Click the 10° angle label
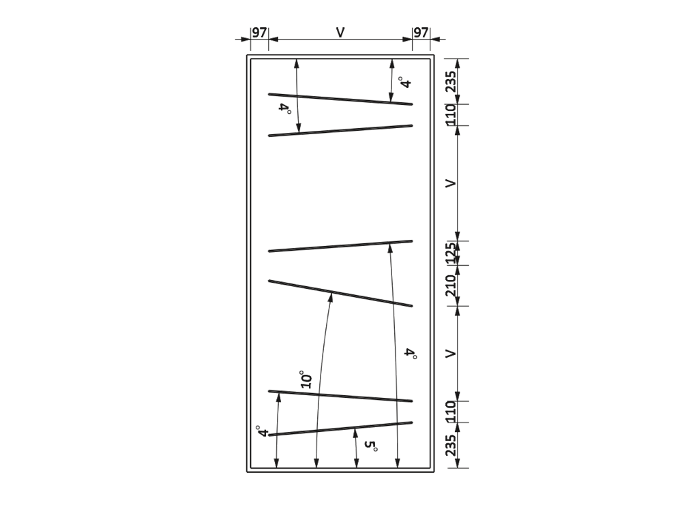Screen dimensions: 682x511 pyautogui.click(x=306, y=380)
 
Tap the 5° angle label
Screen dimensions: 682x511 pyautogui.click(x=371, y=446)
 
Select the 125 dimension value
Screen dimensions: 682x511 pyautogui.click(x=452, y=253)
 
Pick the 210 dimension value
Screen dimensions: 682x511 pyautogui.click(x=452, y=285)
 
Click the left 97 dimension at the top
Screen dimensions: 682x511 pyautogui.click(x=259, y=33)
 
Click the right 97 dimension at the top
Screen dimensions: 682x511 pyautogui.click(x=421, y=33)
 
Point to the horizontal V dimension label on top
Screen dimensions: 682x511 pyautogui.click(x=340, y=32)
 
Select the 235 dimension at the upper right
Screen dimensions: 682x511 pyautogui.click(x=452, y=81)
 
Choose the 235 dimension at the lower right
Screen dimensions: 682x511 pyautogui.click(x=452, y=445)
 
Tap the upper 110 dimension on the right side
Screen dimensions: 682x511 pyautogui.click(x=452, y=114)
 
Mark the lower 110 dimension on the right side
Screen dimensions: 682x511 pyautogui.click(x=452, y=411)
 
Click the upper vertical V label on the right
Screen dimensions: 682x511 pyautogui.click(x=452, y=183)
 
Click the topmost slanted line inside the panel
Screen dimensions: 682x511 pyautogui.click(x=340, y=99)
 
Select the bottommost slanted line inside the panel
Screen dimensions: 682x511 pyautogui.click(x=340, y=429)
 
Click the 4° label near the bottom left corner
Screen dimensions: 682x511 pyautogui.click(x=262, y=431)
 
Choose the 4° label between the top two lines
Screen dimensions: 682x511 pyautogui.click(x=284, y=108)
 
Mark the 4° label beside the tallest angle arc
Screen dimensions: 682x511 pyautogui.click(x=411, y=353)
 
